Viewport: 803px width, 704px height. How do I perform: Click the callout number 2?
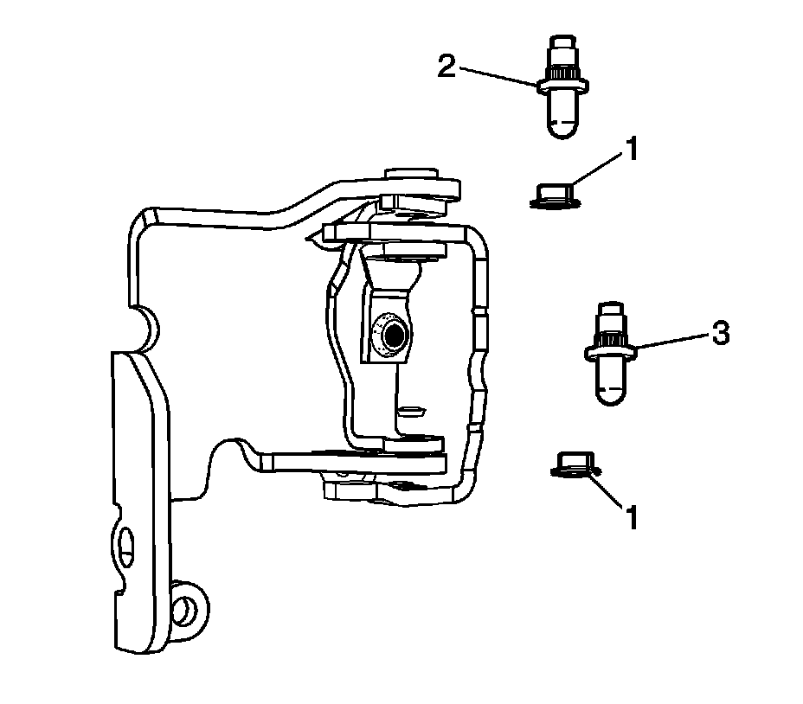(446, 67)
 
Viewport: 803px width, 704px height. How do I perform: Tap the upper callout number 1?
(633, 150)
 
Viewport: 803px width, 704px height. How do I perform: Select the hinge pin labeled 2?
(562, 87)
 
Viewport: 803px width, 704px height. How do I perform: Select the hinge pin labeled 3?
(610, 354)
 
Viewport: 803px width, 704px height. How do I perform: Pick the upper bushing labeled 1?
(556, 196)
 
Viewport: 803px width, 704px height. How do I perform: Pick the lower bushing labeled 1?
(576, 464)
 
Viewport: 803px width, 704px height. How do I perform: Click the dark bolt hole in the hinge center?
(395, 336)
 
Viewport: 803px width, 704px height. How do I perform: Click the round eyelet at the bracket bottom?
(186, 610)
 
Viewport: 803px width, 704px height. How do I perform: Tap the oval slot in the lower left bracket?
(126, 548)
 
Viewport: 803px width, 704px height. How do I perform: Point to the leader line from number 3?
(673, 342)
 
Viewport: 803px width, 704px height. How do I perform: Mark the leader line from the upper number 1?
(600, 170)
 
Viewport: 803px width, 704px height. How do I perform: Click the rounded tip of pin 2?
(562, 128)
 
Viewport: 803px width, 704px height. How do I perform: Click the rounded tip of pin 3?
(610, 394)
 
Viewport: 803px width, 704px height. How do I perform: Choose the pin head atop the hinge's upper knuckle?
(412, 174)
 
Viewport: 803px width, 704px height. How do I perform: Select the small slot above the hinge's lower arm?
(411, 411)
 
